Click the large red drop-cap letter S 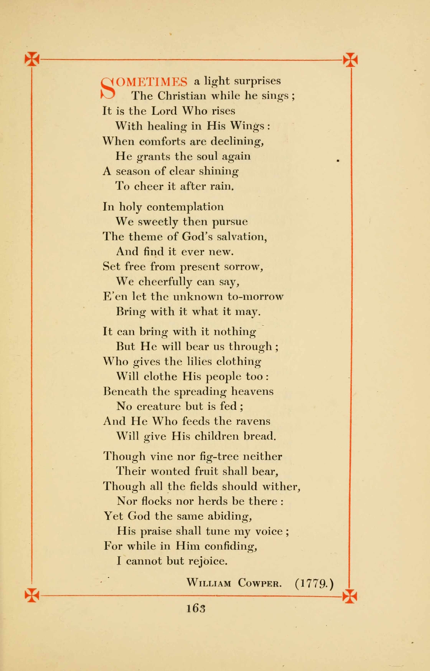(x=107, y=88)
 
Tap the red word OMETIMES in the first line (x=152, y=82)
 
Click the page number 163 (x=196, y=609)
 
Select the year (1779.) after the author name (x=314, y=583)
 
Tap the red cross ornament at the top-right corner (x=350, y=60)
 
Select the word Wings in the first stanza (x=247, y=126)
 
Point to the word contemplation (x=185, y=207)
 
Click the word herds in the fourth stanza (x=212, y=501)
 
